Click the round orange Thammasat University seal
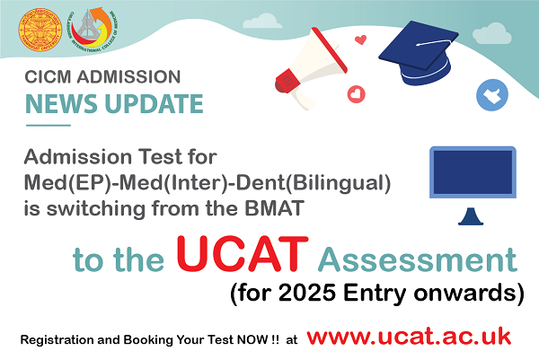tap(40, 31)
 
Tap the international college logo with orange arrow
tap(93, 30)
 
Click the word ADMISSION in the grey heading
tap(128, 77)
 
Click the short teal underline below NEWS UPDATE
tap(49, 126)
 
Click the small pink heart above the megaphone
tap(360, 40)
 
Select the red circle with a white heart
tap(357, 93)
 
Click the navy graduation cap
tap(419, 52)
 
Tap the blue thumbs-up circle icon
tap(492, 95)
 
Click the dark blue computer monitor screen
tap(473, 172)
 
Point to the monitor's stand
tap(471, 216)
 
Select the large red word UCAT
tap(243, 253)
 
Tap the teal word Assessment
tap(418, 259)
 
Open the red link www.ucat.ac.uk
tap(409, 336)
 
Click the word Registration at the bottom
tap(57, 340)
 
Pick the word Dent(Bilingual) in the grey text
tap(314, 182)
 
